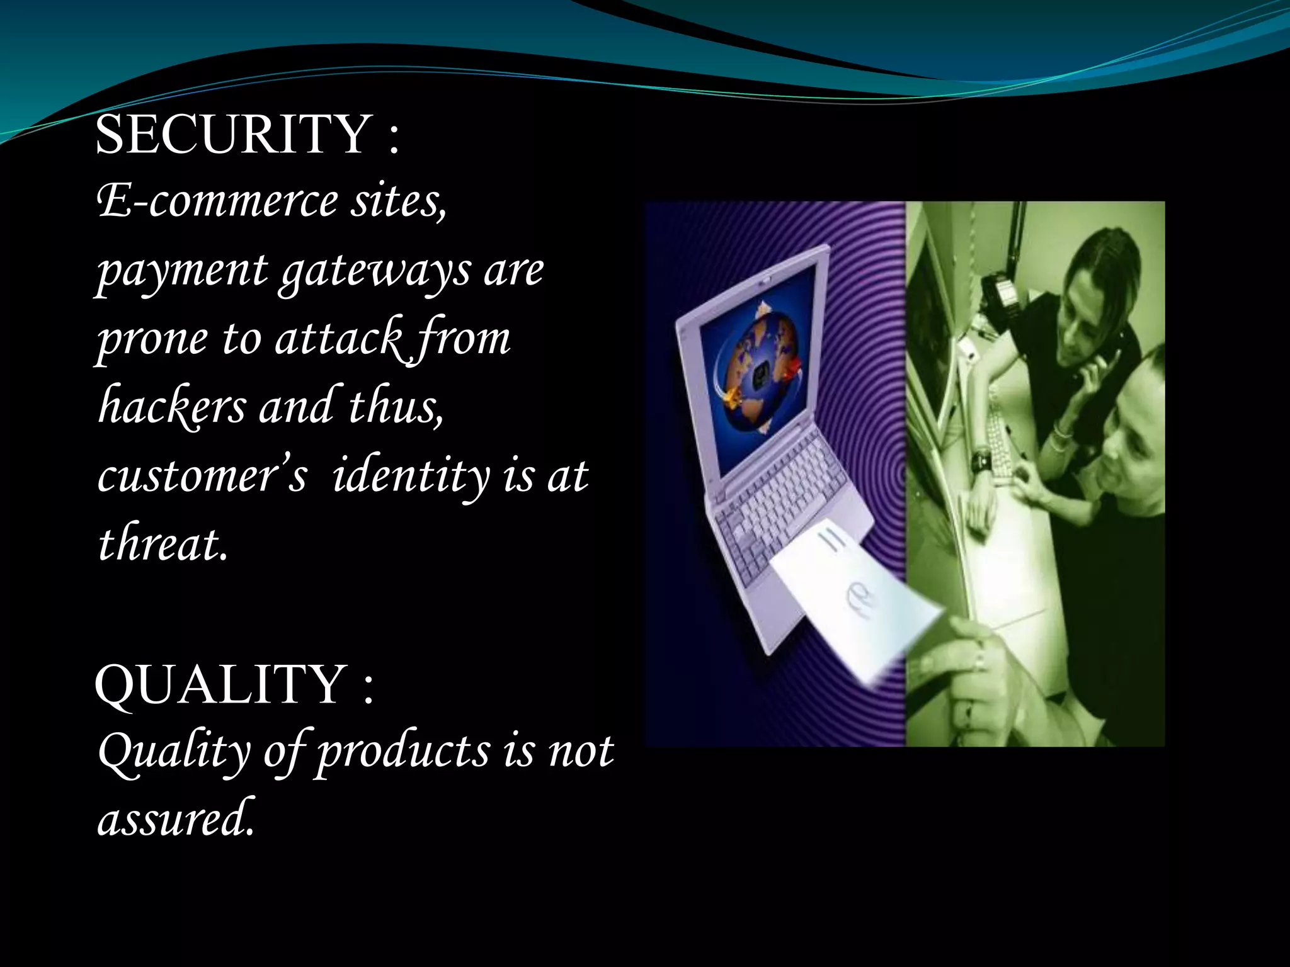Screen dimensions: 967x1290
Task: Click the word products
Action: coord(403,752)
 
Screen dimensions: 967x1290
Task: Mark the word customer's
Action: coord(202,475)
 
